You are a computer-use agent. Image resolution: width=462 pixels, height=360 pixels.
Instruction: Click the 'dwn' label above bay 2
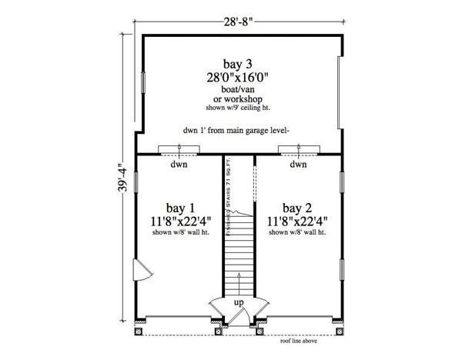299,165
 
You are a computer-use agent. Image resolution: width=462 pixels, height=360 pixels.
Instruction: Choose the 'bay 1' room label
180,208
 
